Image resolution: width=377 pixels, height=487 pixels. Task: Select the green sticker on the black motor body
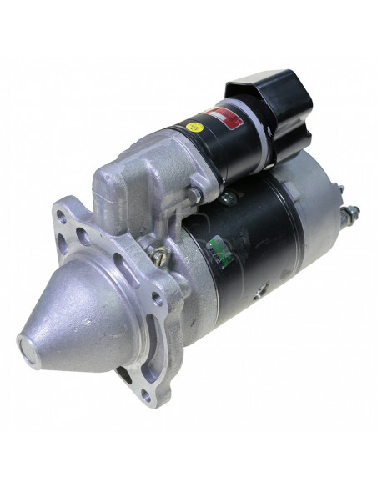click(221, 249)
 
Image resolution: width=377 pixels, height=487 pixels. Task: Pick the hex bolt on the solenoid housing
click(194, 194)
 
